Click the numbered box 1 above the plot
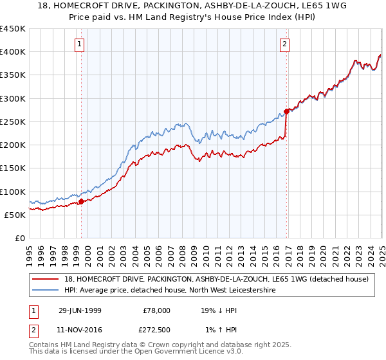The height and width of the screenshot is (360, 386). (79, 44)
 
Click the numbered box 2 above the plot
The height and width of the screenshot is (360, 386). (284, 44)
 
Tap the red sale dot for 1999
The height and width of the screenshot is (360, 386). (82, 201)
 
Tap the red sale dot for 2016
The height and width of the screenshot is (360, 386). (286, 111)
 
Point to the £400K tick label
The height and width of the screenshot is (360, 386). (13, 52)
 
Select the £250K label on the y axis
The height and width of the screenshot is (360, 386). (13, 122)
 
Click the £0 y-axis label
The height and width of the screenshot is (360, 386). (21, 238)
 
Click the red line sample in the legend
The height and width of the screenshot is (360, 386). (46, 279)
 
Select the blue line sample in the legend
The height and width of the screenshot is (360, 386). (46, 291)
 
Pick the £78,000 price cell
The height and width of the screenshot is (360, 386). (157, 310)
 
